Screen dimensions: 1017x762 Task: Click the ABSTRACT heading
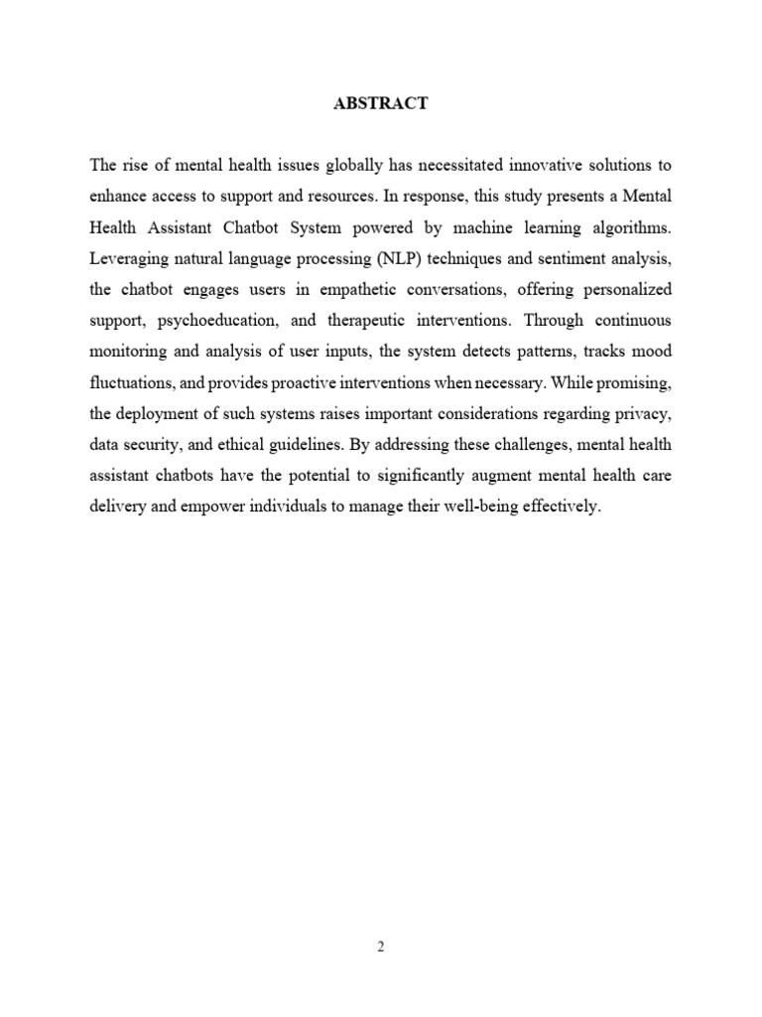381,103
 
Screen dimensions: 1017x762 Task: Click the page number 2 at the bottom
380,946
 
